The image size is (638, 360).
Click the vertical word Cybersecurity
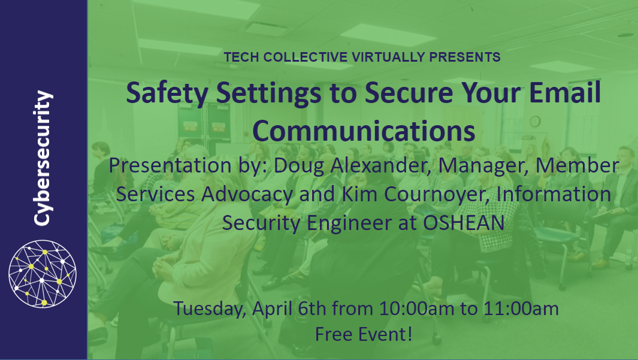[x=43, y=158]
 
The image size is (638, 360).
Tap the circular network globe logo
[x=43, y=273]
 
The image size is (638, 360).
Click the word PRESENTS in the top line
[x=465, y=58]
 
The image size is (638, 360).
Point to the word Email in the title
[x=565, y=92]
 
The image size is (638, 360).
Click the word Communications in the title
[x=364, y=131]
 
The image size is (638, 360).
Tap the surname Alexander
[x=381, y=165]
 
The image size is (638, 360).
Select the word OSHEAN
[x=464, y=223]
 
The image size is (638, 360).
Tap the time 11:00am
[x=521, y=308]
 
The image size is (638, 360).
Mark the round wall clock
[x=535, y=121]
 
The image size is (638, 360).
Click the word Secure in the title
[x=409, y=92]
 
